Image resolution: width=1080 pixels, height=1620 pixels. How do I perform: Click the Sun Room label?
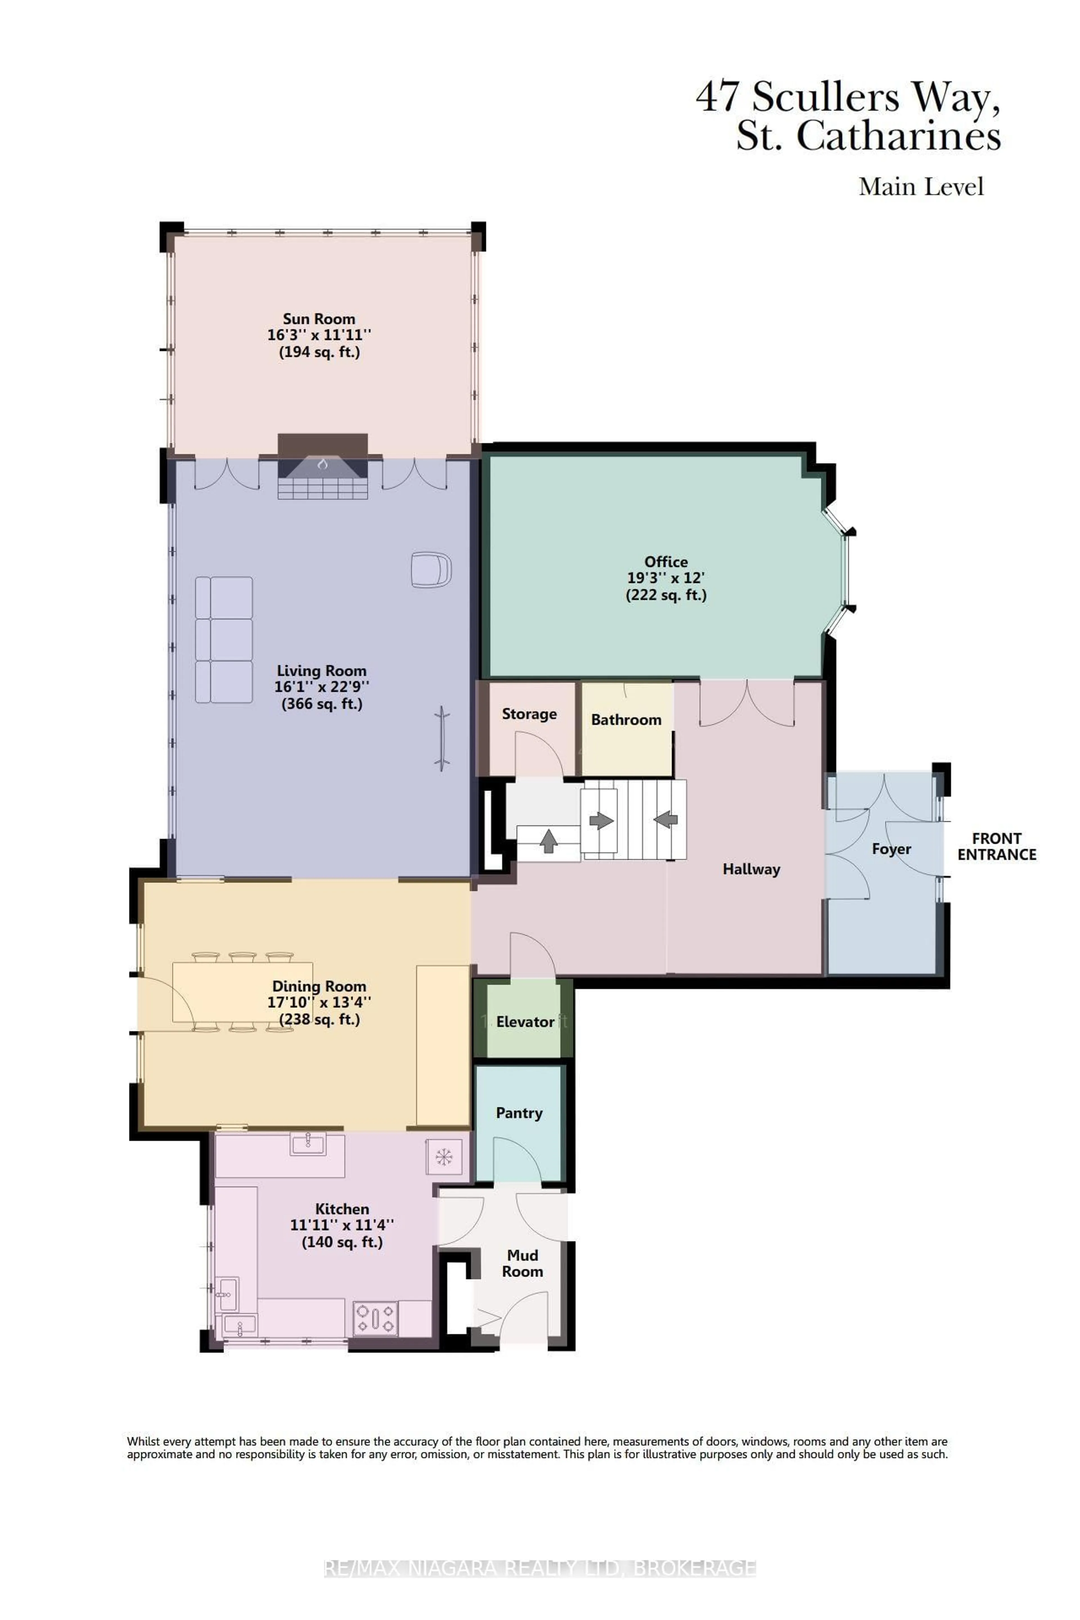click(x=319, y=319)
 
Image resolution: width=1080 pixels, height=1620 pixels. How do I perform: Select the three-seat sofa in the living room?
click(x=224, y=640)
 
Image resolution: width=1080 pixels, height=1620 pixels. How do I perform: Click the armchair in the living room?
click(x=431, y=570)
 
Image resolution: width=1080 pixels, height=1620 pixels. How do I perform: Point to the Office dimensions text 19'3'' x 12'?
click(x=665, y=578)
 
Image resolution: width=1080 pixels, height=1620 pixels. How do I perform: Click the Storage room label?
click(x=529, y=714)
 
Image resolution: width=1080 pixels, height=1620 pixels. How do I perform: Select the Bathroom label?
click(x=626, y=720)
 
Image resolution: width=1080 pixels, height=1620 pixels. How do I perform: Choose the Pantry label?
click(x=519, y=1113)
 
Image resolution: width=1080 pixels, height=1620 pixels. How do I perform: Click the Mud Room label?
click(x=522, y=1263)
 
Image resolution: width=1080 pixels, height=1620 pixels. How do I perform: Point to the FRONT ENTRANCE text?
click(x=997, y=847)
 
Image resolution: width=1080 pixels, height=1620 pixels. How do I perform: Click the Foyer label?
click(x=891, y=849)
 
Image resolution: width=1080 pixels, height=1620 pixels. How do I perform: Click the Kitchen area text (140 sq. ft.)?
click(x=342, y=1242)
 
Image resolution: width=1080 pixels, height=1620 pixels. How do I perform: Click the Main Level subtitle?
click(x=921, y=187)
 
